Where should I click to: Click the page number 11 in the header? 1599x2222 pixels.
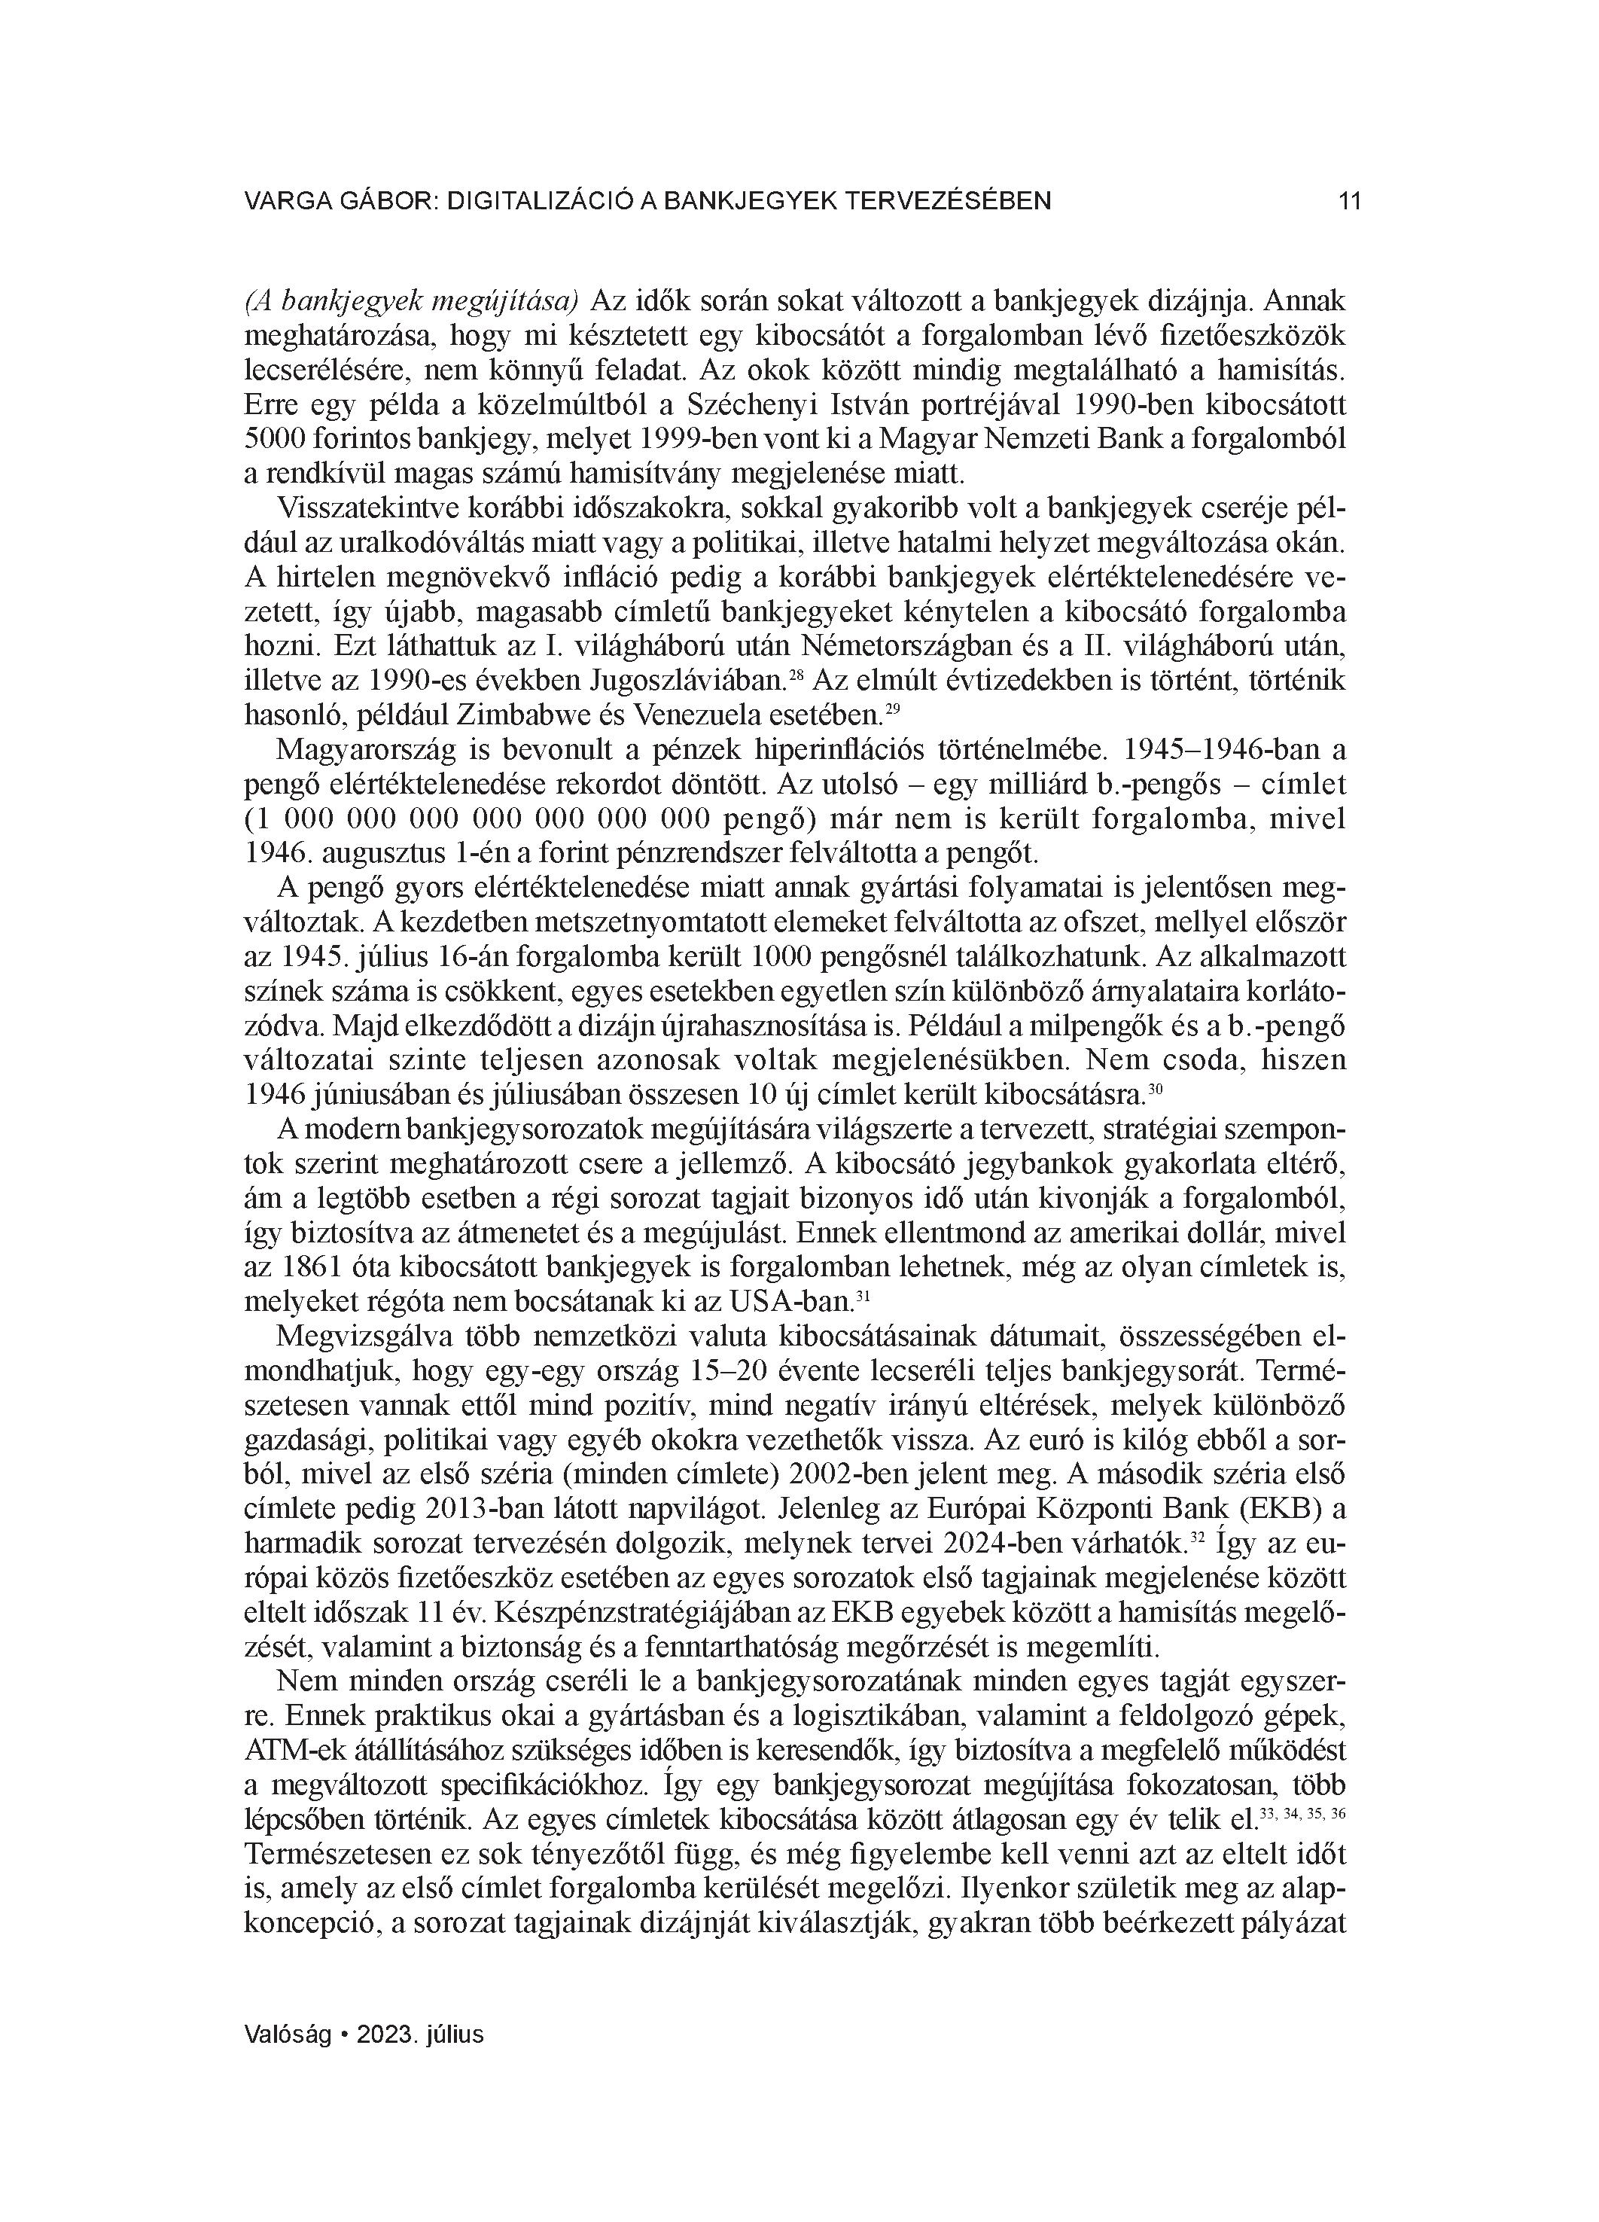[x=1349, y=202]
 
